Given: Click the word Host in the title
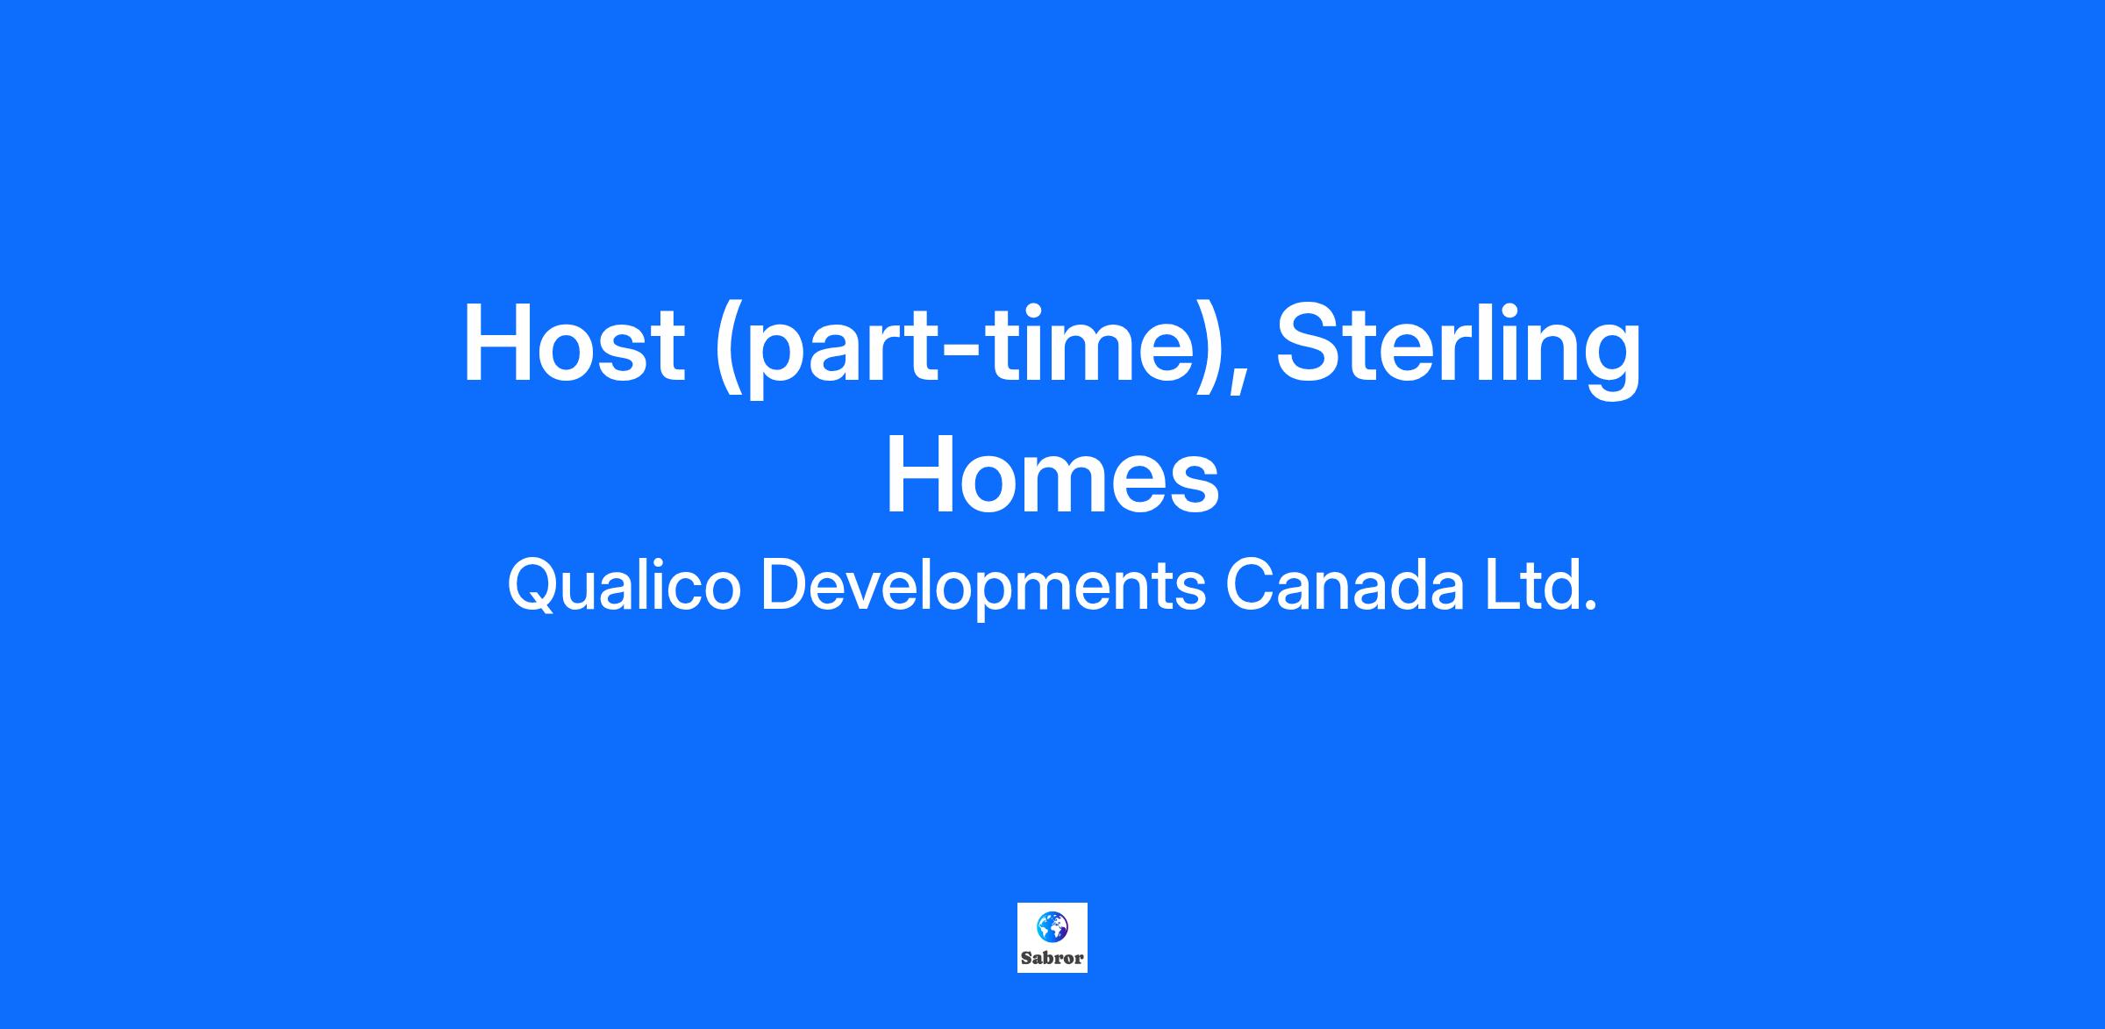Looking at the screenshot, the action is point(573,344).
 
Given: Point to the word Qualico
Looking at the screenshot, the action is point(624,587).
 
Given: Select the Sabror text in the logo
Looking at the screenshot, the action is point(1052,958).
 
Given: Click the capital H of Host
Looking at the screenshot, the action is point(498,344).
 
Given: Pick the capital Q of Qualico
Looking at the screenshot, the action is point(536,587).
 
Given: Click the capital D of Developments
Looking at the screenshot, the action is point(786,586).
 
